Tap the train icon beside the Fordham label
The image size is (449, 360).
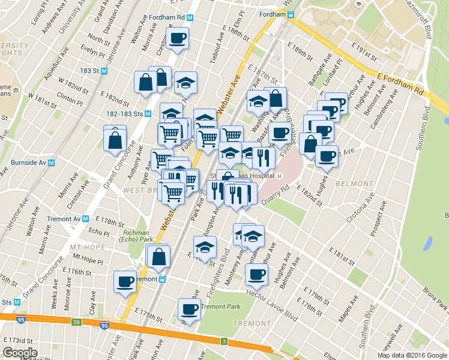click(x=290, y=14)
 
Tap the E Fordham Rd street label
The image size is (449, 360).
click(x=402, y=83)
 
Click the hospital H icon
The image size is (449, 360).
click(x=280, y=176)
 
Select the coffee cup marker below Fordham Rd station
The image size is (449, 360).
click(x=177, y=39)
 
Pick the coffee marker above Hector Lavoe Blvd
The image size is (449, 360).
click(x=256, y=275)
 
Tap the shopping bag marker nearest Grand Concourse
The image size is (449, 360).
click(x=115, y=140)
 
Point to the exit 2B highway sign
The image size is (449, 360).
click(x=76, y=322)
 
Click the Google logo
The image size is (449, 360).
click(x=19, y=352)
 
